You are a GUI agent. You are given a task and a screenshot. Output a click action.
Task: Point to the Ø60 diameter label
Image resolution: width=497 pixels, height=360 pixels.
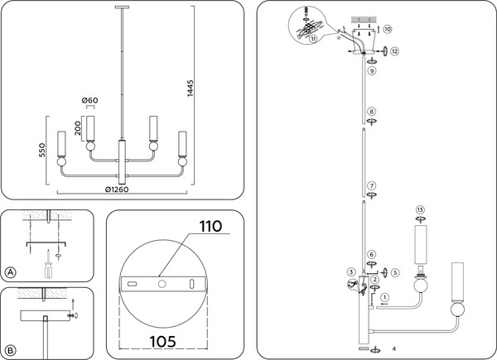[91, 101]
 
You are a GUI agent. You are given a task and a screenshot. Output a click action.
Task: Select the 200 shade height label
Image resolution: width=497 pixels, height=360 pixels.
[79, 126]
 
